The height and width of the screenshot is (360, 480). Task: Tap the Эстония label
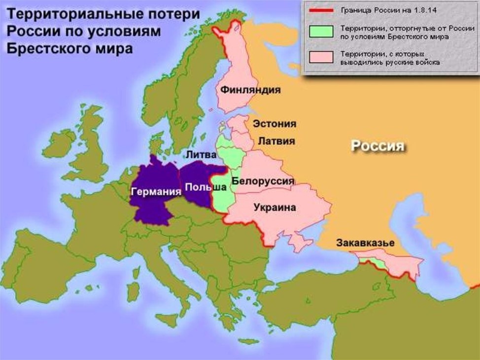(274, 124)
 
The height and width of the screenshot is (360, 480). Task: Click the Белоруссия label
(263, 181)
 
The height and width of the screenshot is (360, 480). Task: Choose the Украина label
(274, 208)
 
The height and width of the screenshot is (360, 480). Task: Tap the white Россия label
(377, 146)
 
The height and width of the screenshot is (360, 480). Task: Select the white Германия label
(156, 192)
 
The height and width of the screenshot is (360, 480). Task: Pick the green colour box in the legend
(321, 32)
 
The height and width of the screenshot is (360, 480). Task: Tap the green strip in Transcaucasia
(367, 260)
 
